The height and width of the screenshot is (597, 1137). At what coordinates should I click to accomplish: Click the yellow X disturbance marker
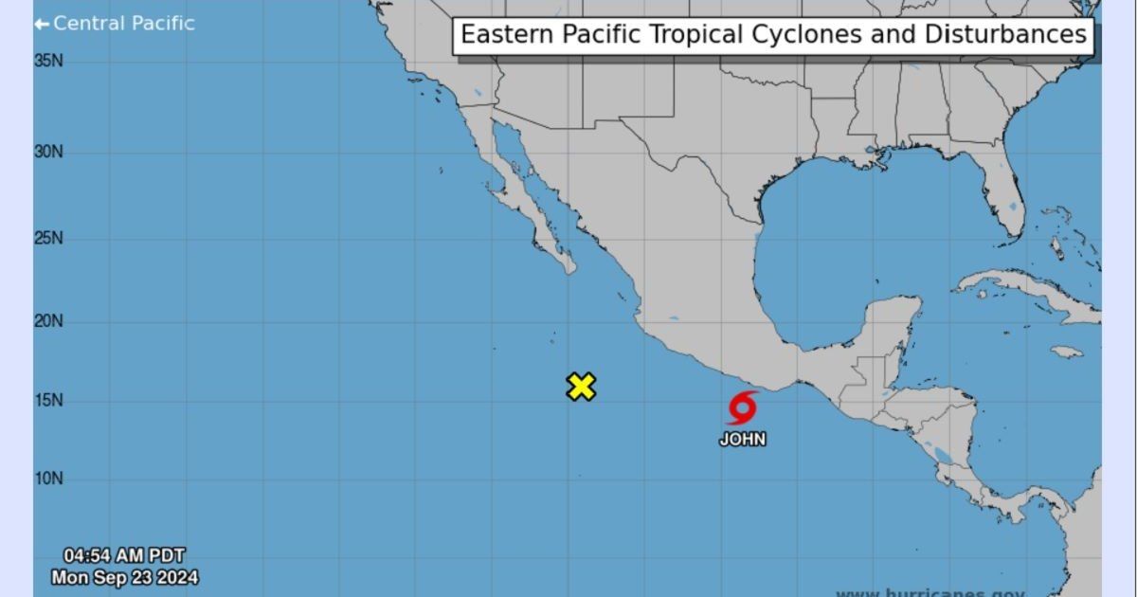click(x=581, y=387)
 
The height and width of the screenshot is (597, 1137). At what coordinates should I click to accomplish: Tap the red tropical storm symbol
click(x=742, y=407)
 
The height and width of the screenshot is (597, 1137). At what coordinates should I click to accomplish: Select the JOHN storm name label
click(x=742, y=440)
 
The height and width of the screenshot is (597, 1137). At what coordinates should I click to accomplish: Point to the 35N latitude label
click(x=49, y=61)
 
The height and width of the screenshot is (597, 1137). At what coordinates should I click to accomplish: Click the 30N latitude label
click(x=49, y=152)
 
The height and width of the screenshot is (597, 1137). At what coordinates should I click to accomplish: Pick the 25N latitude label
click(x=49, y=237)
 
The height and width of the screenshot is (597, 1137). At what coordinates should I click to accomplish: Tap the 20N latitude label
click(x=49, y=321)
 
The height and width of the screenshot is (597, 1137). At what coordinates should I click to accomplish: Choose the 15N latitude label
click(x=49, y=401)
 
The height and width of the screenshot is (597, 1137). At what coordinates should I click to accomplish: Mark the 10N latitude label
click(x=49, y=479)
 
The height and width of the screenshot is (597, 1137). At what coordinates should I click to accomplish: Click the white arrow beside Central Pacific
click(x=41, y=24)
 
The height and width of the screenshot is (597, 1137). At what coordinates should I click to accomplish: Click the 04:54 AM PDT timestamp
click(x=124, y=556)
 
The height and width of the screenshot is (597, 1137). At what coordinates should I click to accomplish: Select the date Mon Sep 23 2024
click(x=124, y=576)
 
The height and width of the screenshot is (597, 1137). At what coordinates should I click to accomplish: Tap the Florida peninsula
click(x=1006, y=204)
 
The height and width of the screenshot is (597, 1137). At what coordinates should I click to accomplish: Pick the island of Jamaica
click(x=1067, y=352)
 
